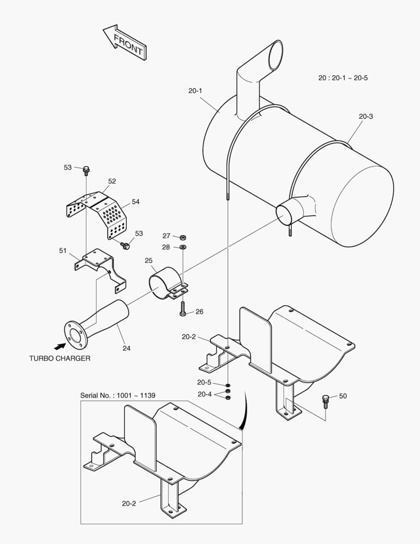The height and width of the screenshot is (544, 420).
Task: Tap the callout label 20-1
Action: [x=195, y=91]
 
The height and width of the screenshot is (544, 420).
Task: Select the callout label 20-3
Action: [x=366, y=116]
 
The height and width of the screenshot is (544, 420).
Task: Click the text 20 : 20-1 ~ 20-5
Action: [x=343, y=78]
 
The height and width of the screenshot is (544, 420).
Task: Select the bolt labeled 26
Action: [x=183, y=309]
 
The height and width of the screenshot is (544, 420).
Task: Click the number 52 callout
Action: [x=112, y=181]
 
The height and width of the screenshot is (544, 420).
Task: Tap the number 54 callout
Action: [x=135, y=201]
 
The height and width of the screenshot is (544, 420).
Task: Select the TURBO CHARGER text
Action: [x=59, y=358]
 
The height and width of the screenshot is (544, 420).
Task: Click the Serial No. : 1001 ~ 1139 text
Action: [x=118, y=395]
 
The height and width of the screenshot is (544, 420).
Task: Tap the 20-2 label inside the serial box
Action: [x=129, y=503]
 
